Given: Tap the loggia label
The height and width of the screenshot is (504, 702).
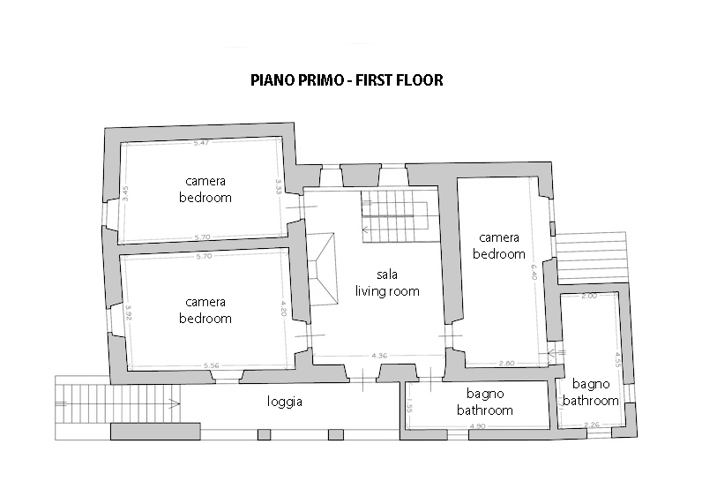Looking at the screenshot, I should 286,402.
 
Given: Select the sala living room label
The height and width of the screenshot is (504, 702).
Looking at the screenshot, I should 386,282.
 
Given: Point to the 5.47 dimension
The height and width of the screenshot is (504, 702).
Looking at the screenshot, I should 201,142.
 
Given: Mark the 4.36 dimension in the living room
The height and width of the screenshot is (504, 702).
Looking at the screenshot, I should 380,356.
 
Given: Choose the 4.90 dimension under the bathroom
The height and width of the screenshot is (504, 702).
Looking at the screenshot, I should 477,426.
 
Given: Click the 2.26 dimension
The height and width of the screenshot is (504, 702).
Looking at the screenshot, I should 591,425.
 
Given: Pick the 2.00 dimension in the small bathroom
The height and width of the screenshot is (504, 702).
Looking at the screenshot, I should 589,297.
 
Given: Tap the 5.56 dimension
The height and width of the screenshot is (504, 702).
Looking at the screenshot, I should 211,365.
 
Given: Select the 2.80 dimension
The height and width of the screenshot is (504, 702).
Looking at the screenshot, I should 506,363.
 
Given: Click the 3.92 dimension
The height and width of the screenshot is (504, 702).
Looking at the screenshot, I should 128,312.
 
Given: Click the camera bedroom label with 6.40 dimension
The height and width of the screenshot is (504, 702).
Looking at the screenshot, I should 499,245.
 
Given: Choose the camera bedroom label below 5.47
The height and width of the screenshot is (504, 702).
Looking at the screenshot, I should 205,189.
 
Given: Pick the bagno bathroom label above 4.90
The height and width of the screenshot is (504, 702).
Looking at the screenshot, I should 484,403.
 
